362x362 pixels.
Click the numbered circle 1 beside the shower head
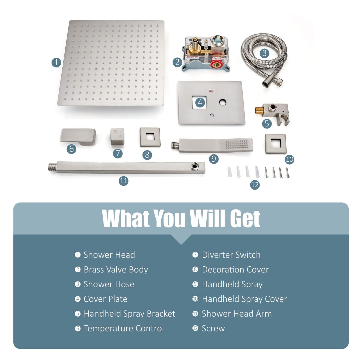point(56,62)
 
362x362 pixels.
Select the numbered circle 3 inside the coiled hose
point(264,53)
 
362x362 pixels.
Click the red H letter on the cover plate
point(211,91)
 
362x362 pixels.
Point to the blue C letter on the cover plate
point(212,115)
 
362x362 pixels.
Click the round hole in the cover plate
point(223,102)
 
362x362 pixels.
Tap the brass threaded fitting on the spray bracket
point(259,111)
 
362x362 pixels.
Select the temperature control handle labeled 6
point(78,137)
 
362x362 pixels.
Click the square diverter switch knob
point(117,136)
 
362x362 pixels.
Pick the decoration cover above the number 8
point(150,137)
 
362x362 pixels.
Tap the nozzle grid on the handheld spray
point(236,144)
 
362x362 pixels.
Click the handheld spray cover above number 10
point(276,144)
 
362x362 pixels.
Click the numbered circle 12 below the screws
point(255,185)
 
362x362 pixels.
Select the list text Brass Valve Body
point(116,270)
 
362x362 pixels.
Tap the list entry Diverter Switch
point(231,255)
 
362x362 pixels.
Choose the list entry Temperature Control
point(124,328)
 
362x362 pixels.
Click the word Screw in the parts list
point(213,328)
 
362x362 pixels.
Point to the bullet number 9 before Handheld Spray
point(195,284)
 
